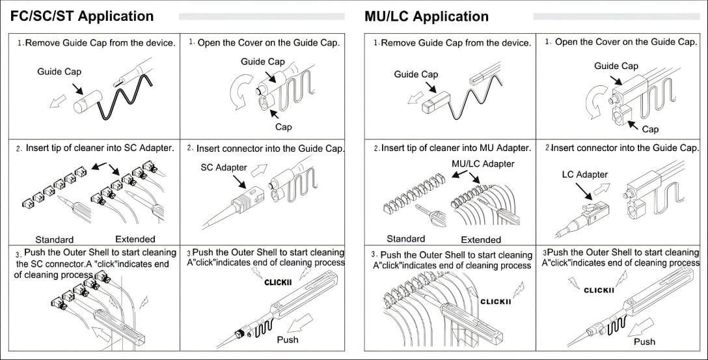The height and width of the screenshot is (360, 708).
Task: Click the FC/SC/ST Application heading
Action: coord(82,16)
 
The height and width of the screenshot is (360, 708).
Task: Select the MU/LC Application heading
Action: coord(426,17)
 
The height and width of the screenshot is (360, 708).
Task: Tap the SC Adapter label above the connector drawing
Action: coord(223,167)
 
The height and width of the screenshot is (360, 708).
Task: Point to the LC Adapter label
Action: coord(585,175)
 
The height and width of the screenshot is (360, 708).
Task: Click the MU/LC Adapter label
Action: coord(483,164)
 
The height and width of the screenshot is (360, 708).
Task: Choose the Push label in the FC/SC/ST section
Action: coord(288,340)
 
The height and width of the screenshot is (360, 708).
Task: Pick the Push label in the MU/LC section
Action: coord(644,342)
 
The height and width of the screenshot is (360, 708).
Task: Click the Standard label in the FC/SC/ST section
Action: coord(55,240)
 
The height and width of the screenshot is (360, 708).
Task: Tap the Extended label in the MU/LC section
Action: coord(481,240)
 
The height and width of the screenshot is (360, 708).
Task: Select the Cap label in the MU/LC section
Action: coord(650,129)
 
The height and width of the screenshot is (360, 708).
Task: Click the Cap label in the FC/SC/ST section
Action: coord(284,127)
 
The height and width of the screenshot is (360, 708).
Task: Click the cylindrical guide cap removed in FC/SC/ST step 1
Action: coord(88,102)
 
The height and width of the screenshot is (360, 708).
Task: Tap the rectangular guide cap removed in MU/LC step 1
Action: coord(436,102)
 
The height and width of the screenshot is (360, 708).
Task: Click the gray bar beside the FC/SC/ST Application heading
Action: coord(262,17)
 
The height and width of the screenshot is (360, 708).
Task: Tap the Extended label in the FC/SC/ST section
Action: coord(135,240)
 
